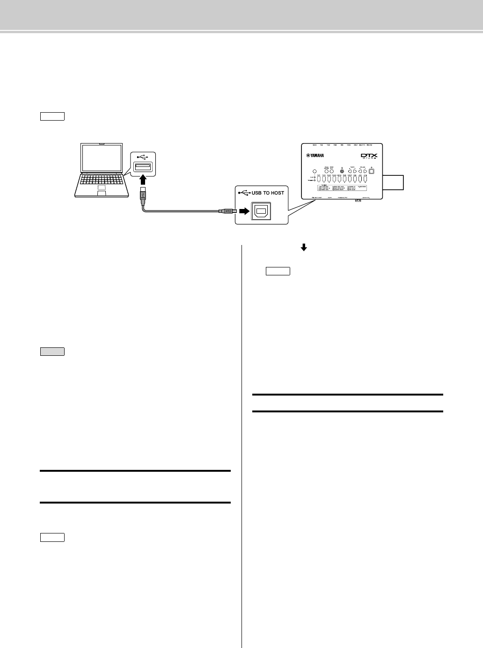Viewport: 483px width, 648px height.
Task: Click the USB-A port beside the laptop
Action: (143, 167)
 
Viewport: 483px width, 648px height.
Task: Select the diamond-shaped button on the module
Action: (314, 171)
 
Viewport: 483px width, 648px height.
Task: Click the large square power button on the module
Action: (372, 171)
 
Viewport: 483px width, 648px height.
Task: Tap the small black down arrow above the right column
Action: (303, 249)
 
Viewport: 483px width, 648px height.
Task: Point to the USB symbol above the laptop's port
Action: (143, 157)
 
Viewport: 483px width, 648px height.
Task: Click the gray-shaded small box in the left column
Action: (52, 352)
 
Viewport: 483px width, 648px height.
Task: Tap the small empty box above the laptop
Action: (52, 116)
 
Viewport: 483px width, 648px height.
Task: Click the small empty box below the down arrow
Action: (278, 271)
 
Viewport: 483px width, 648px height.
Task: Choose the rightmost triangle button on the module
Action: (365, 171)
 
